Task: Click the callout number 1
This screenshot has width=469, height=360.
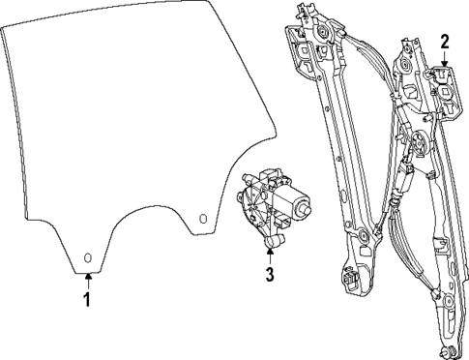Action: coord(87,300)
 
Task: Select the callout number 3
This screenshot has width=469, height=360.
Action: coord(270,274)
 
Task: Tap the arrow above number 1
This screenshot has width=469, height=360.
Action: coord(87,281)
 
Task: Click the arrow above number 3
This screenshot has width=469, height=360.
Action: coord(270,253)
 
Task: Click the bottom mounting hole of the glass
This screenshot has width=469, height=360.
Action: coord(87,257)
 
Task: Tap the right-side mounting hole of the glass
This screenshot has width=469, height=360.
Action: coord(202,219)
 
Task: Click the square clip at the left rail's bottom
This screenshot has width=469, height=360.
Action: coord(347,281)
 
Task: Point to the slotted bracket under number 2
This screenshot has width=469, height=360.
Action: coord(444,82)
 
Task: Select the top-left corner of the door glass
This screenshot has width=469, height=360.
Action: coord(6,31)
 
